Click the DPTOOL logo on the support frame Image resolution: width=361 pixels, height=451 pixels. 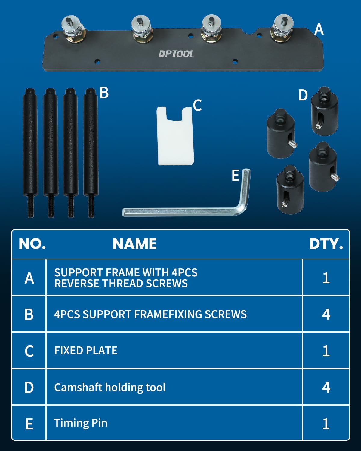coord(176,54)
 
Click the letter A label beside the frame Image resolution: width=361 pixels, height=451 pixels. coord(319,29)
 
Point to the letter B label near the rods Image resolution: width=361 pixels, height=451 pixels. coord(104,93)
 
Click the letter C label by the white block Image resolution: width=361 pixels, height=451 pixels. coord(197,105)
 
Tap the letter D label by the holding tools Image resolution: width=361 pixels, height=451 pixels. coord(303,95)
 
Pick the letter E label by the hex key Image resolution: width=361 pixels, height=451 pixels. coord(236,175)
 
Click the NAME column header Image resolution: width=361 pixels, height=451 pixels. coord(134,244)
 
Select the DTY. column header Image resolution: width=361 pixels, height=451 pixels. coord(326,244)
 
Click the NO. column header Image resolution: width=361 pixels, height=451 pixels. coord(32,244)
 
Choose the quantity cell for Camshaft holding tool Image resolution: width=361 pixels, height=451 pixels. coord(326,387)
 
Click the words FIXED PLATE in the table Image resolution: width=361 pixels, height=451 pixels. coord(86,351)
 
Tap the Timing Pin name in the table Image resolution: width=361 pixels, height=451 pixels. coord(81,423)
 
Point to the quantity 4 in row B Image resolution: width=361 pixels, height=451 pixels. coord(326,314)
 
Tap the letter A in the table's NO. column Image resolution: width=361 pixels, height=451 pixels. coord(29,278)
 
